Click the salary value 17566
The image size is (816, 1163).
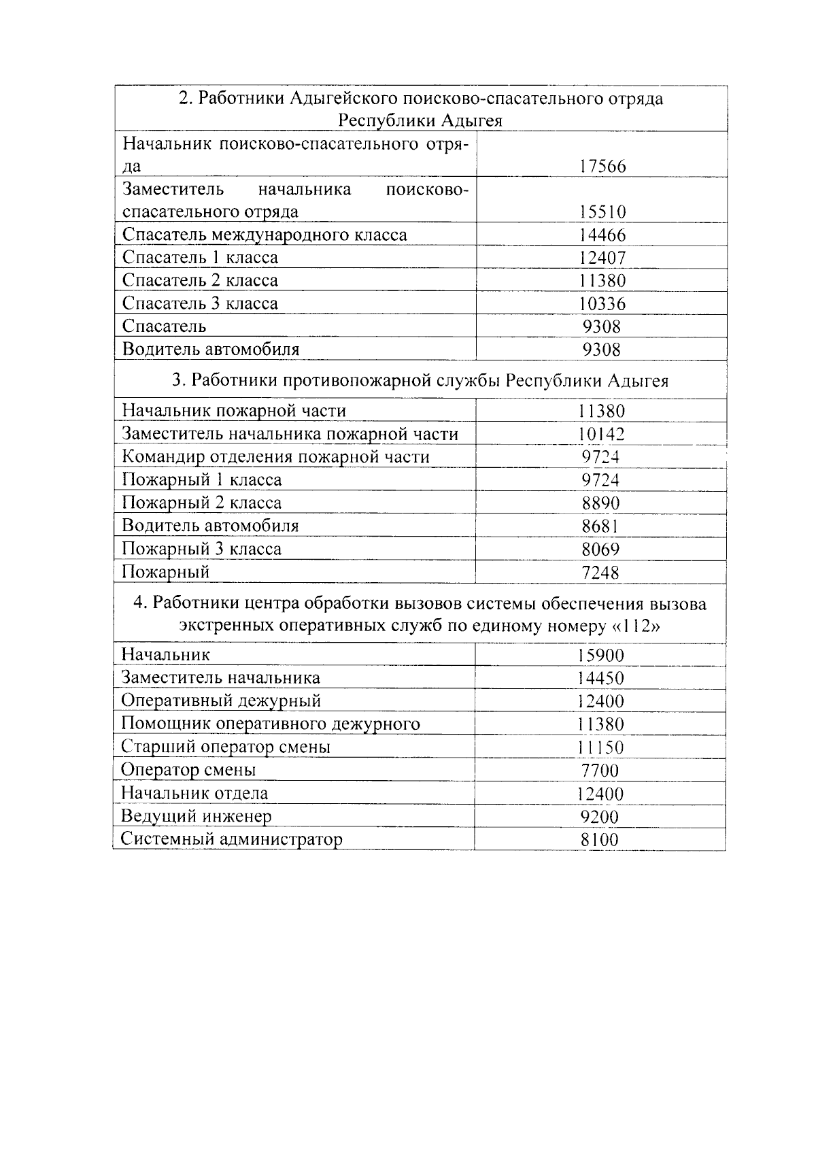(x=602, y=167)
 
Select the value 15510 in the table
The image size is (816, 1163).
(x=602, y=212)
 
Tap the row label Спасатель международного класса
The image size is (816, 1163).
(x=265, y=235)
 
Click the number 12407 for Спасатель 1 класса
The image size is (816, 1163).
(x=602, y=258)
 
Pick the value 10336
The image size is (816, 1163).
(x=602, y=303)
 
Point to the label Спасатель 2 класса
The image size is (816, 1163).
(x=200, y=280)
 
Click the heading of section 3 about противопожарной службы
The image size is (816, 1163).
(x=420, y=380)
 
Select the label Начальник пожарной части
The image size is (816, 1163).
(x=234, y=411)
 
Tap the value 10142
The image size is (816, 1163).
(x=601, y=434)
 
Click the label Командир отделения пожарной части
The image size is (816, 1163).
(x=275, y=456)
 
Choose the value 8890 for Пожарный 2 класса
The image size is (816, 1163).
(x=601, y=503)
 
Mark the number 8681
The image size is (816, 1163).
(x=601, y=526)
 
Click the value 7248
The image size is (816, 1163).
(x=601, y=573)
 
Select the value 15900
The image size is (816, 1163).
(x=600, y=655)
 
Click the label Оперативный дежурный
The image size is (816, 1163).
(x=221, y=701)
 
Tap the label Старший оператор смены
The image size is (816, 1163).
(x=226, y=747)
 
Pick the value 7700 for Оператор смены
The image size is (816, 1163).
(x=600, y=771)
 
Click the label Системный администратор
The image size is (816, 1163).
(x=231, y=839)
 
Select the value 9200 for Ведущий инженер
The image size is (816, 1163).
(x=600, y=817)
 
